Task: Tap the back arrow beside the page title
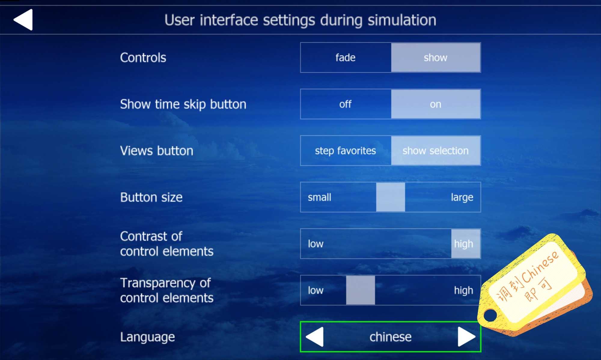tap(23, 19)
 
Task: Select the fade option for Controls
tap(346, 57)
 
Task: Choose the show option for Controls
tap(436, 57)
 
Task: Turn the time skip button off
tap(346, 104)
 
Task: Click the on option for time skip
tap(436, 104)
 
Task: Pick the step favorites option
tap(346, 151)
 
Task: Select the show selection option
tap(436, 151)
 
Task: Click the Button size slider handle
tap(390, 197)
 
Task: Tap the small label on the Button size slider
tap(319, 197)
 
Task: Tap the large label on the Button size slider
tap(462, 197)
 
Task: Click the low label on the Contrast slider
tap(316, 244)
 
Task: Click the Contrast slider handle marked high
tap(465, 244)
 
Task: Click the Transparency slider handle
tap(360, 290)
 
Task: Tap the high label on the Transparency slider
tap(464, 290)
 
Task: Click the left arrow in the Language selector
tap(315, 337)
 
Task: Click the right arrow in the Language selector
tap(466, 337)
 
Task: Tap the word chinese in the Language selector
tap(390, 337)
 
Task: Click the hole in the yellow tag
tap(490, 315)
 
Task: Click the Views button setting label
tap(157, 151)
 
